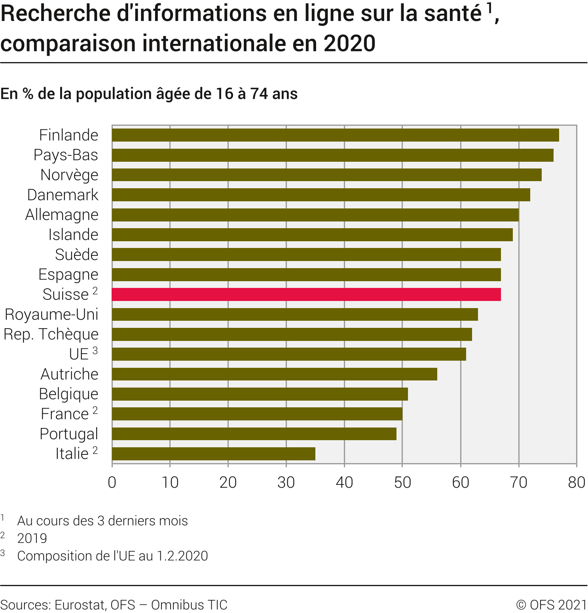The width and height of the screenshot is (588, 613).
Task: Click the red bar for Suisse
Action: tap(306, 295)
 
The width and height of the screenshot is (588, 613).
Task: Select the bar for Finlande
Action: tap(335, 135)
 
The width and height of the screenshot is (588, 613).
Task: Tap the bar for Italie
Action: tap(214, 454)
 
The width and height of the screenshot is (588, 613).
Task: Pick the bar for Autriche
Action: tap(275, 374)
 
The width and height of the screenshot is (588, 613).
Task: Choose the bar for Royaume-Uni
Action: tap(295, 314)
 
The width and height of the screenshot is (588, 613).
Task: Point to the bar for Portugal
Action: tap(254, 434)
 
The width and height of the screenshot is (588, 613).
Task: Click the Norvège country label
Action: tap(69, 175)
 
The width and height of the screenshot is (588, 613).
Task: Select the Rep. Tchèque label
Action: tap(51, 334)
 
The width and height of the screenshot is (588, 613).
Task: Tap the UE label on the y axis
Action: tap(79, 354)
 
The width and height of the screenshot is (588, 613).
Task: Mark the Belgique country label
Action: tap(68, 394)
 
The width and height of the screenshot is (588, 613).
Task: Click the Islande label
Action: tap(73, 235)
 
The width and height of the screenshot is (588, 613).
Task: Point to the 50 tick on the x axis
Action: tap(402, 482)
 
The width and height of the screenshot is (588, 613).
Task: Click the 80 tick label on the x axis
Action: tap(576, 482)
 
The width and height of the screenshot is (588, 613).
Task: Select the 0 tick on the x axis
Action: tap(112, 482)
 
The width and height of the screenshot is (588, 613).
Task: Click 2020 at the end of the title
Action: tap(349, 44)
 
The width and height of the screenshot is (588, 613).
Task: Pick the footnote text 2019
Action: tap(32, 538)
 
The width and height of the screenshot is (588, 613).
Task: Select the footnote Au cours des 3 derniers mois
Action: tap(102, 521)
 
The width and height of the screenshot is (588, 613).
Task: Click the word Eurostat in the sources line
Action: tap(80, 605)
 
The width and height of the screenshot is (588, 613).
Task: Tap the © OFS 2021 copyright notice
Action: tap(552, 605)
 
